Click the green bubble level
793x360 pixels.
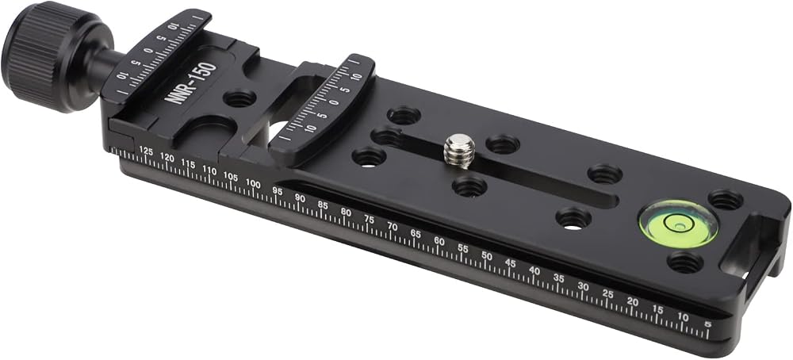678,223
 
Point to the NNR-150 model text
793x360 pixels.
190,82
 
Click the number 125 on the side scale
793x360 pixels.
146,151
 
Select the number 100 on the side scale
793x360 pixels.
253,183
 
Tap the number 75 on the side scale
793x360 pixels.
370,220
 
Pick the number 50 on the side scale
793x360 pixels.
487,256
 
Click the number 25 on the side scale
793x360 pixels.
607,293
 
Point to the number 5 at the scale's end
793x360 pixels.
707,324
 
